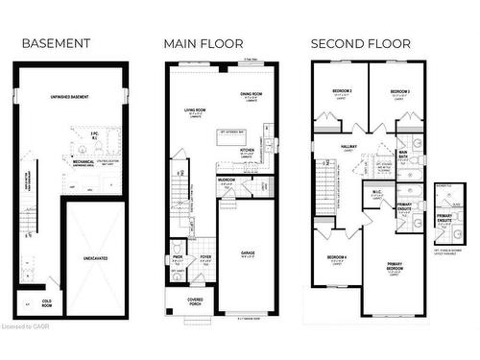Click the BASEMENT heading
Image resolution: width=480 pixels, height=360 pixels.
(56, 44)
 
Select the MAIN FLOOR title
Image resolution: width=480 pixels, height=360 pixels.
(203, 44)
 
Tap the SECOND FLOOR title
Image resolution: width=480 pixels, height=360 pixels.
(360, 44)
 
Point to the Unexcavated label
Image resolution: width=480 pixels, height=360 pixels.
(95, 258)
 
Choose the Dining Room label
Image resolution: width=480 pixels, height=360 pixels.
(252, 93)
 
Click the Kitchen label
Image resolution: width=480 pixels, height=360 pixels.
(247, 150)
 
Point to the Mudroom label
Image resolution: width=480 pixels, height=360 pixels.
(227, 180)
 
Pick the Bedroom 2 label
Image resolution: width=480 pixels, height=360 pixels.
(343, 91)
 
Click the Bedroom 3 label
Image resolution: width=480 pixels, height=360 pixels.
(400, 91)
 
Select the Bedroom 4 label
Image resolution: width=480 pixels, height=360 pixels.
(336, 258)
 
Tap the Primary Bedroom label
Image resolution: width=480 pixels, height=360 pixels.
(395, 266)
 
